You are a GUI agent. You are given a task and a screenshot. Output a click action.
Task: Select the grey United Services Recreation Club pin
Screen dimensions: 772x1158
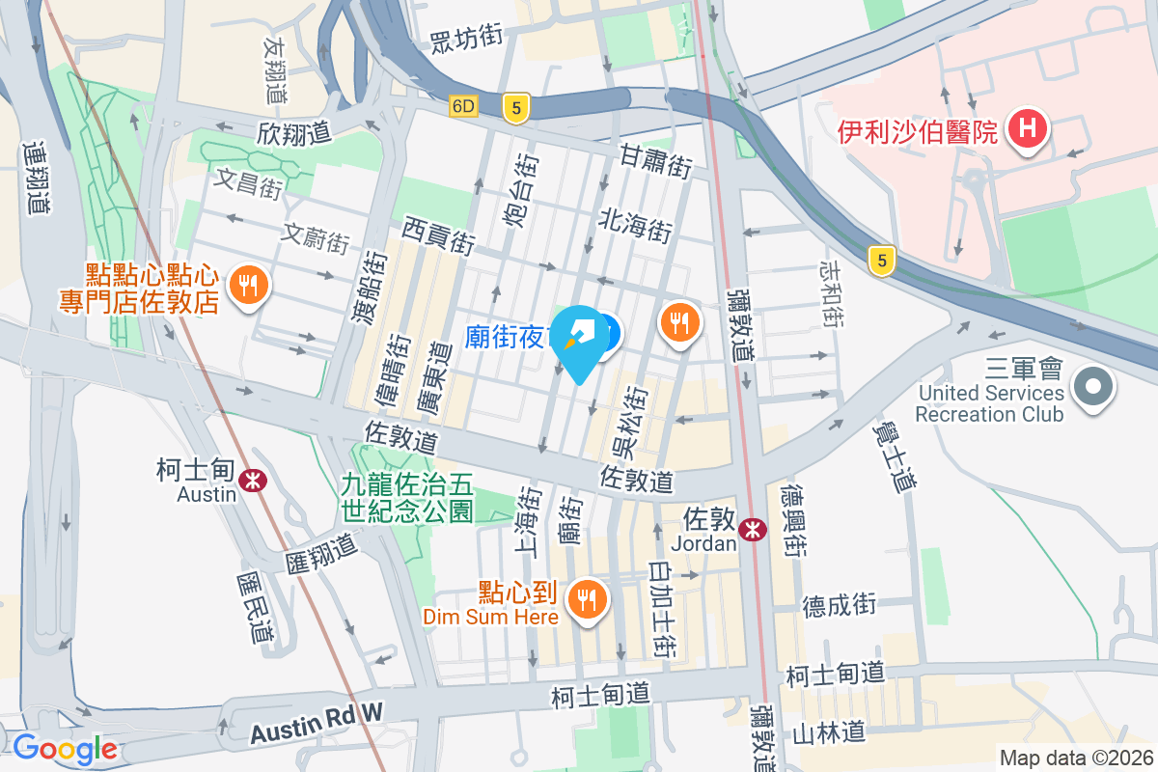[1093, 389]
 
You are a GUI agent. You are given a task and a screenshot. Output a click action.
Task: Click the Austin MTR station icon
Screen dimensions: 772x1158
[255, 480]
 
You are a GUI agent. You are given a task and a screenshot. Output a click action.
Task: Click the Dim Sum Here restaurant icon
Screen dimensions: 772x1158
[587, 600]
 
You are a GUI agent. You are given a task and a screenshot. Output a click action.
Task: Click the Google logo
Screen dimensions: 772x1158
[66, 748]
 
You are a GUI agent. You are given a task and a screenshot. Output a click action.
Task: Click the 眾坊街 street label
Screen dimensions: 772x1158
[467, 38]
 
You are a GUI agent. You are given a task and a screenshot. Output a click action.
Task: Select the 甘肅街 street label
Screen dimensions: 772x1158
[655, 161]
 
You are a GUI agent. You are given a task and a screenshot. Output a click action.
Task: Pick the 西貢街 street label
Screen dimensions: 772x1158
[439, 235]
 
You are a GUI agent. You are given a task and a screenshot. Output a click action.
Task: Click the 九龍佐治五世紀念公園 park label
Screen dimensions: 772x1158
[406, 497]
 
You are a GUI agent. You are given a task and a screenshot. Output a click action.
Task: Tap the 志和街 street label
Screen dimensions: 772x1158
[832, 291]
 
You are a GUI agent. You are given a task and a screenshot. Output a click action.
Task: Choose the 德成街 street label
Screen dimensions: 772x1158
[839, 605]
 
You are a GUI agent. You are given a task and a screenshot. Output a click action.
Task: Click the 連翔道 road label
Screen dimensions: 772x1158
[37, 179]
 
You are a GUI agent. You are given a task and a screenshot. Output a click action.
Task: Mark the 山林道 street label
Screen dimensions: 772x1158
[826, 733]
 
